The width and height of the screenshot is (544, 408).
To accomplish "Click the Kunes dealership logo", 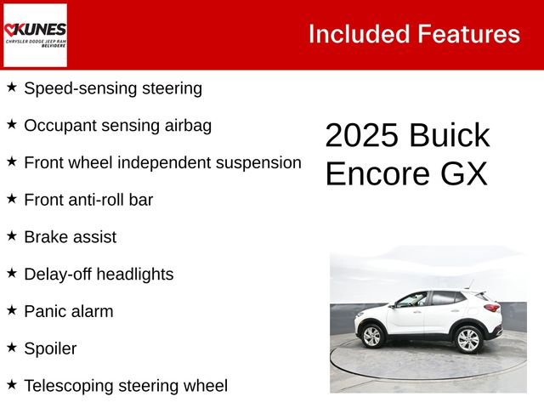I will [35, 34].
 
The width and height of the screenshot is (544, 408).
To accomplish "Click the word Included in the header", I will [357, 34].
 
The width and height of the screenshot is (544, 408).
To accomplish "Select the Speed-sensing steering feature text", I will [112, 88].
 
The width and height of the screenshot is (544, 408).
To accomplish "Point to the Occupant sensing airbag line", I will [117, 125].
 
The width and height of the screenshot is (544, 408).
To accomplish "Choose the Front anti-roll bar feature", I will [88, 200].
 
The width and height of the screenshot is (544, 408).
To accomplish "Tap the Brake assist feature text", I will [70, 237].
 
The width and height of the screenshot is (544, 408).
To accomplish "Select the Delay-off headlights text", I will [99, 274].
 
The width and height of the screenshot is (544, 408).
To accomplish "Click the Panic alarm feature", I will [68, 311].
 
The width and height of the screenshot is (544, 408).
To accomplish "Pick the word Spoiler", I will [50, 348].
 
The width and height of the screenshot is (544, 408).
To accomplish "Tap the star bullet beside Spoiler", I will [12, 347].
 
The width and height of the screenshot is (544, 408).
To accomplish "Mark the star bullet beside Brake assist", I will [12, 235].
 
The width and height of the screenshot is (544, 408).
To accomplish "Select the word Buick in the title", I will [449, 136].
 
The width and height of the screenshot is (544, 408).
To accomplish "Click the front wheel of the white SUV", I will [372, 337].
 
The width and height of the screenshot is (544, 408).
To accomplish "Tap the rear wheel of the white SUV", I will [468, 339].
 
